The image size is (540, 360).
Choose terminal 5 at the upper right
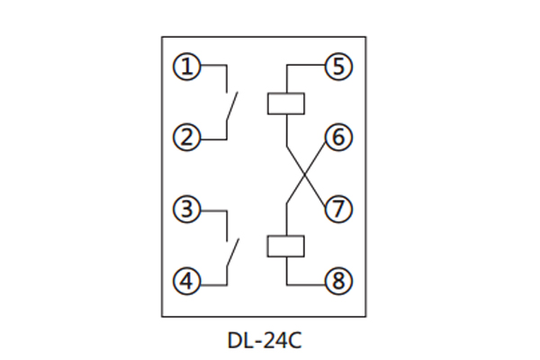pos(337,66)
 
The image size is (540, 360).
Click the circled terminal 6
pos(337,138)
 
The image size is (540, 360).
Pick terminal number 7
pos(337,210)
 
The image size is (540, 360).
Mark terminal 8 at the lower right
pos(337,282)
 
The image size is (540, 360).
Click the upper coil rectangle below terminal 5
pos(286,103)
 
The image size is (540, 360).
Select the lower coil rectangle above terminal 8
pos(286,246)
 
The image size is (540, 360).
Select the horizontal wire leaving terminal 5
pos(306,66)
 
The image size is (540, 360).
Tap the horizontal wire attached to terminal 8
pos(306,282)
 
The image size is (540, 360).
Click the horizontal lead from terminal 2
pos(211,138)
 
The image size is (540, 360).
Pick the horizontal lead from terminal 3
pos(211,210)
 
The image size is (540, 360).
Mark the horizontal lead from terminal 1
pos(211,66)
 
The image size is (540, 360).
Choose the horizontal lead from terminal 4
pos(211,282)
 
